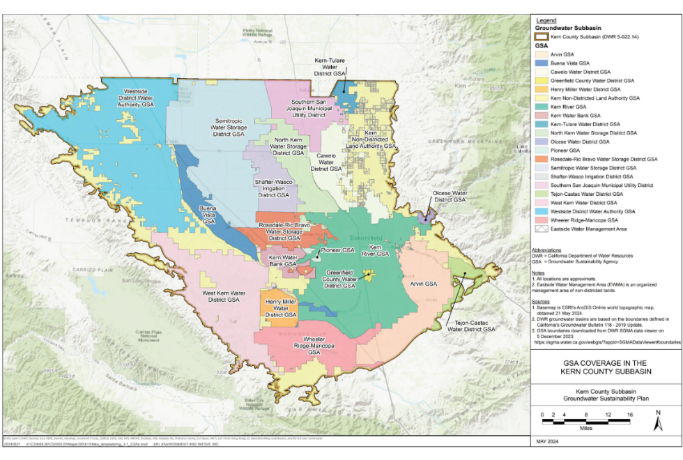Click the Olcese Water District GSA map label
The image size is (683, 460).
point(450,196)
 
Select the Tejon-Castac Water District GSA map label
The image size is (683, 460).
point(471,325)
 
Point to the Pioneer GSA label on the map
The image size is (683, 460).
point(338,250)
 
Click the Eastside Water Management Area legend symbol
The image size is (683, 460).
point(541,228)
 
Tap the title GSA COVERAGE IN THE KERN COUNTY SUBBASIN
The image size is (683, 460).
point(605,367)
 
